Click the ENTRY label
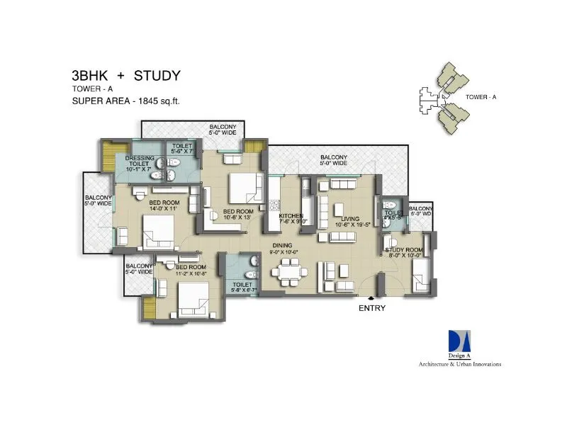pos(371,308)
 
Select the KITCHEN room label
pos(291,215)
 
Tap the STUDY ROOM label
pos(404,250)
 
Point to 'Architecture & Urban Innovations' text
pos(459,364)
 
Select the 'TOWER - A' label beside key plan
pos(481,96)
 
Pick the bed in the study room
pos(420,274)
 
